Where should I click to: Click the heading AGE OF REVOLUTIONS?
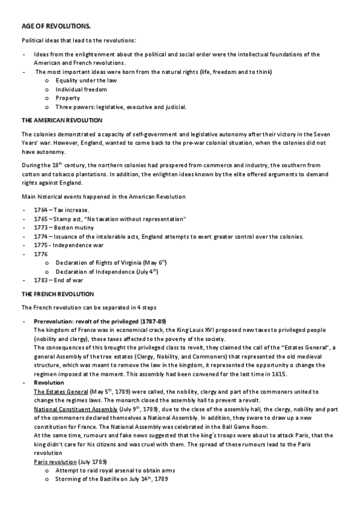pos(48,27)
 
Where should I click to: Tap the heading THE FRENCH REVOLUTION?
pos(57,294)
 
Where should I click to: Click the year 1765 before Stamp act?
pos(41,218)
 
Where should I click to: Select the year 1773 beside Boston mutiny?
pos(41,227)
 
